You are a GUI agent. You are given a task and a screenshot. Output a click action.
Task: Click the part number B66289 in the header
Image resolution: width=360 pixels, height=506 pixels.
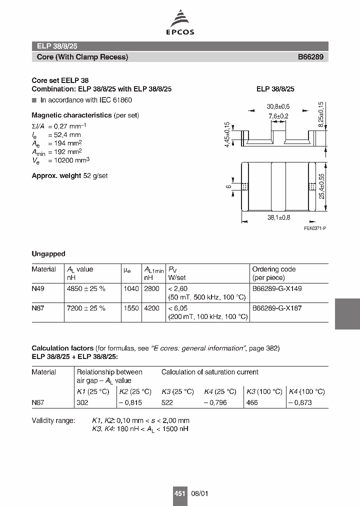310,57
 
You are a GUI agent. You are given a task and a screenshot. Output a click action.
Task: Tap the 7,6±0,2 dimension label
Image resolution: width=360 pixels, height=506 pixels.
278,116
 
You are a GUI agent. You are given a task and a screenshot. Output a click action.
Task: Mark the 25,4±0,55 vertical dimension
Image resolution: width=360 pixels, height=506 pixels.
322,186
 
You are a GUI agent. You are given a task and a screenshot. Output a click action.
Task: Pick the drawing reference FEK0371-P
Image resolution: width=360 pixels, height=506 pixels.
314,228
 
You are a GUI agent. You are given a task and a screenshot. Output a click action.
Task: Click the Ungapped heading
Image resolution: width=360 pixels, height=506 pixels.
48,254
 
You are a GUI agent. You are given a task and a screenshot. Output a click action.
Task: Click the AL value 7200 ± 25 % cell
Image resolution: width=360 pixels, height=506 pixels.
86,308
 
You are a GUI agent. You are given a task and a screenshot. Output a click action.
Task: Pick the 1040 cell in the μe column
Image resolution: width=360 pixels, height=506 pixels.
131,288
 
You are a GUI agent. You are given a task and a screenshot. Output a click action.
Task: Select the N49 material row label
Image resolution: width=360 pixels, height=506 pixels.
38,288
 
